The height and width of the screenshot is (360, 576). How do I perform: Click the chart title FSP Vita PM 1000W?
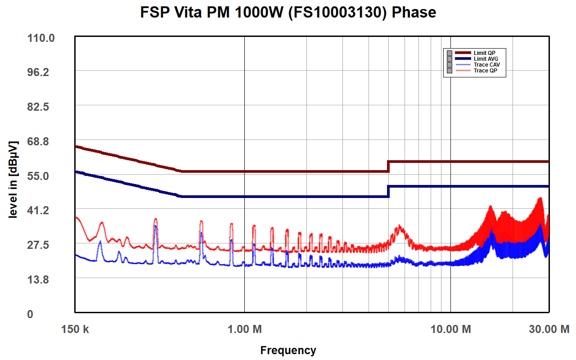288,12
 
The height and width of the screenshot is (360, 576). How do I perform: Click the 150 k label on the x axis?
75,329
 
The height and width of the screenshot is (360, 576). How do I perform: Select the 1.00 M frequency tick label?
244,329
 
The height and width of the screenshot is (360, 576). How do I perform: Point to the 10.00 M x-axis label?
450,329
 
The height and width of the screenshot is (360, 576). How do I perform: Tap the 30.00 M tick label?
549,329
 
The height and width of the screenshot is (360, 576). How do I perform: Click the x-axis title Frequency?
288,350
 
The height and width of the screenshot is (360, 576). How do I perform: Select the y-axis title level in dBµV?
13,180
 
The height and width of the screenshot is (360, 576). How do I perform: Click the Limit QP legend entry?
484,53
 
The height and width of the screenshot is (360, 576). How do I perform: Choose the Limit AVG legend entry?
486,59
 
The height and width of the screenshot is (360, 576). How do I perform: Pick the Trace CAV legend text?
486,65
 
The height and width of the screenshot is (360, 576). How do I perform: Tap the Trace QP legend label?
485,71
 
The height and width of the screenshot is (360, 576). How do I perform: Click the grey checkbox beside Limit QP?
449,53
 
